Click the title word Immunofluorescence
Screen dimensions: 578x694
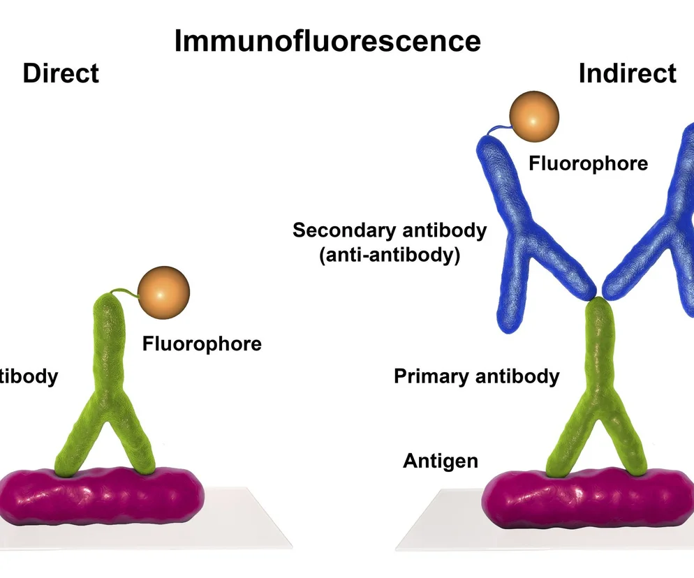(x=327, y=41)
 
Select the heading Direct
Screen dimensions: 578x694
(x=61, y=73)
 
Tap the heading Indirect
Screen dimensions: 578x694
(x=627, y=73)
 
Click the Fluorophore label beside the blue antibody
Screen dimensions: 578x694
(x=588, y=164)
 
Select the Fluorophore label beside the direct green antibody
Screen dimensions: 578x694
(x=202, y=344)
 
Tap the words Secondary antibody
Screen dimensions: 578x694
(x=390, y=230)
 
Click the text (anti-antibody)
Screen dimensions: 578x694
(x=390, y=255)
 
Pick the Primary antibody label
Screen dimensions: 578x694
(x=476, y=377)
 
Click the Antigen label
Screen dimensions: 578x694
(x=441, y=461)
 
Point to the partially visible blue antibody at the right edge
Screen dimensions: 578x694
(x=670, y=223)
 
